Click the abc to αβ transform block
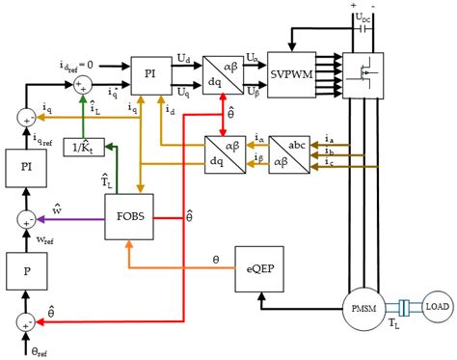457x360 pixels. (289, 152)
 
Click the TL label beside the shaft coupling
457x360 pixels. (393, 329)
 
